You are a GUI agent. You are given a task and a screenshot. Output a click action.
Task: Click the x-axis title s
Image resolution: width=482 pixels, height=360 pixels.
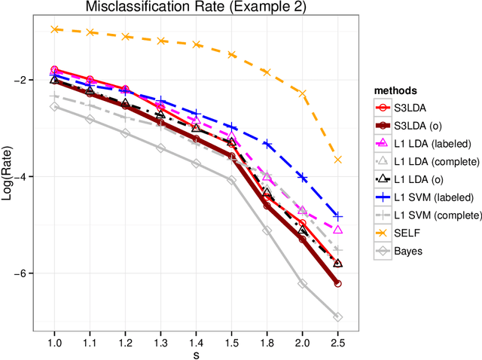point(196,352)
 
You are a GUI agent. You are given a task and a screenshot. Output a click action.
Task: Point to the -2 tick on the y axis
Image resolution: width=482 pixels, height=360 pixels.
point(20,80)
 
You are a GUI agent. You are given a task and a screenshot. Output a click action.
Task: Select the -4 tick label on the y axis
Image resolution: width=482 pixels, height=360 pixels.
point(20,176)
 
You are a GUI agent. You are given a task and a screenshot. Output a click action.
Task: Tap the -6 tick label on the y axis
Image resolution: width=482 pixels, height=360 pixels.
point(20,273)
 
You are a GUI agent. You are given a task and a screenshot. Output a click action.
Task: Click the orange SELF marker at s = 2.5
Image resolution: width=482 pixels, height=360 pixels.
point(337,160)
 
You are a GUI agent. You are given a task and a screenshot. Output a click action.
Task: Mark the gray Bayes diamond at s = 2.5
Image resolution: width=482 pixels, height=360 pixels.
point(337,317)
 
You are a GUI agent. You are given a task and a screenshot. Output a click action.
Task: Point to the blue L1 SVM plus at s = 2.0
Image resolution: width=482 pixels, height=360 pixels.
point(302,177)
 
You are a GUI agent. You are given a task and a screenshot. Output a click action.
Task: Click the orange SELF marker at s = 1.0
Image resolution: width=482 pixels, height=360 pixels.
point(54,29)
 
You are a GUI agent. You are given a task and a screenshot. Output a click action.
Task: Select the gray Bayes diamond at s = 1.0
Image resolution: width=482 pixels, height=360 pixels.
point(54,107)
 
